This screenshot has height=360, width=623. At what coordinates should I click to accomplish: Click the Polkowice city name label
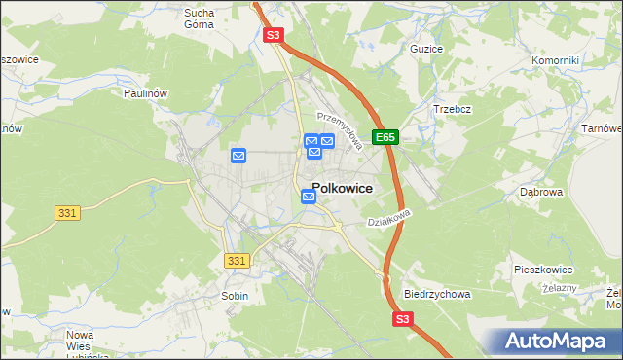341,190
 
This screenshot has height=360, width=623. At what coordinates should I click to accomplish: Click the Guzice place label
426,49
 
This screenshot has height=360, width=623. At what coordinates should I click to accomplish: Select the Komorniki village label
555,60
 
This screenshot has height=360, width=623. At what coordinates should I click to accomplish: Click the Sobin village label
235,295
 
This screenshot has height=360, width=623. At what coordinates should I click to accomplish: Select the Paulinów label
147,92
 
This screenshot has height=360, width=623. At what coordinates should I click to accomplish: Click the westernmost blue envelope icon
239,156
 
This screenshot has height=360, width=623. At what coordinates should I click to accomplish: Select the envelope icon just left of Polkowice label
309,197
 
